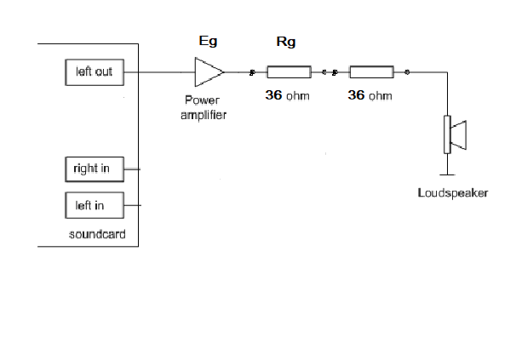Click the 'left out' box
[94, 72]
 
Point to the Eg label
[207, 42]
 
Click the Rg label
[287, 42]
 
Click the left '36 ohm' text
[287, 96]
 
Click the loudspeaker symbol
[453, 134]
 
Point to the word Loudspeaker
[453, 193]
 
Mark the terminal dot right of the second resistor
[408, 72]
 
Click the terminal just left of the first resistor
[252, 72]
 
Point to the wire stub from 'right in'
[132, 169]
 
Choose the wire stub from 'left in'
[132, 205]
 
